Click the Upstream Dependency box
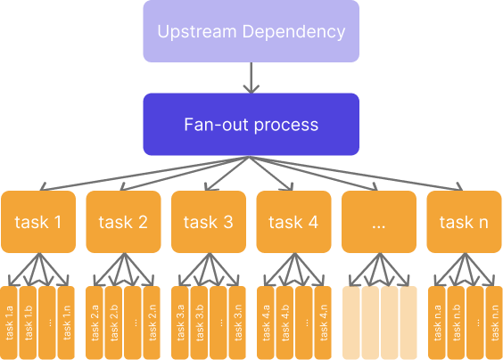point(251,31)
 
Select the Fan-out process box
point(251,125)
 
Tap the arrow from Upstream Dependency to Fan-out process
point(251,78)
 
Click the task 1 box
point(38,222)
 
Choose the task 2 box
point(123,222)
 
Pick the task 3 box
point(209,222)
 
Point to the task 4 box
point(293,222)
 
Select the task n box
point(464,222)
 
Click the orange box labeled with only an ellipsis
point(379,222)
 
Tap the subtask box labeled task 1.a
point(9,323)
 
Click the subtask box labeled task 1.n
point(66,323)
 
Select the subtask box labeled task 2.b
point(113,323)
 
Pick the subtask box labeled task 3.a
point(180,323)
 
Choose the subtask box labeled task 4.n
point(323,323)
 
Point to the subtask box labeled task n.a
point(437,323)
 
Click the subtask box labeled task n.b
point(456,323)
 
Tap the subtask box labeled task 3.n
point(237,323)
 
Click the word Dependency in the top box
point(293,32)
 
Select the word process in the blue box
point(286,126)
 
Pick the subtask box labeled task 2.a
point(95,323)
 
